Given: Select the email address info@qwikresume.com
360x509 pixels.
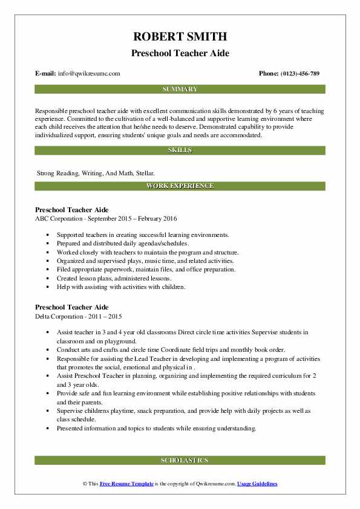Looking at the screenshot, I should click(89, 74).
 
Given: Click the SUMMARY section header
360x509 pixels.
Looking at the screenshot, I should click(180, 89).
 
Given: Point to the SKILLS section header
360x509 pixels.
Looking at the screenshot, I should click(180, 149).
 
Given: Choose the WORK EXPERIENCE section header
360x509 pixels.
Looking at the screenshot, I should click(180, 186).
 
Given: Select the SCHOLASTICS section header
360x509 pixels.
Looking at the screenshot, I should click(180, 460).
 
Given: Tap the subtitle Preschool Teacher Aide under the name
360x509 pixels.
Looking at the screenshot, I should click(180, 53).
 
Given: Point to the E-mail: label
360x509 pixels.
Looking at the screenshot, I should click(46, 74).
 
